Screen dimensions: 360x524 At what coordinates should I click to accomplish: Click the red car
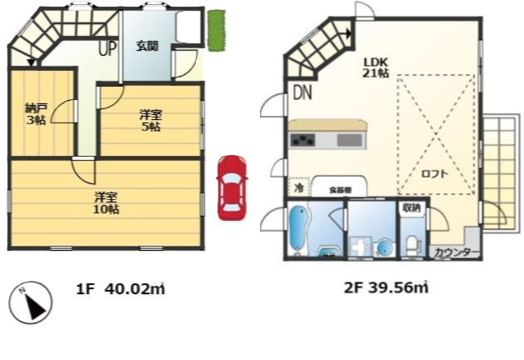(232, 187)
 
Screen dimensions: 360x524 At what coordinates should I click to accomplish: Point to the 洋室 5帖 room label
(150, 121)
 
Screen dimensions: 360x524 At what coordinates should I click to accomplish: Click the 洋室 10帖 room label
(105, 202)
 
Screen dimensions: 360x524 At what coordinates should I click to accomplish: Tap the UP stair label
(107, 48)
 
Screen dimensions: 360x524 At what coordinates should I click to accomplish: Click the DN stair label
(302, 93)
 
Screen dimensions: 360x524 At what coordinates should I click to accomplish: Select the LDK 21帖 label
(375, 67)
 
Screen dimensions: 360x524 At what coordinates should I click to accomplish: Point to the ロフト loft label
(433, 174)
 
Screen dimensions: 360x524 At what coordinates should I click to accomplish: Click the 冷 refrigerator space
(298, 188)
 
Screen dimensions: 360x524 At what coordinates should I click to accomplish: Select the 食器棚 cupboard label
(339, 189)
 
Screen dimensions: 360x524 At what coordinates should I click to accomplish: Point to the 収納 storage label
(412, 207)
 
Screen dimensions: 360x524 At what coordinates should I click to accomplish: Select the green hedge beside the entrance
(216, 31)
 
